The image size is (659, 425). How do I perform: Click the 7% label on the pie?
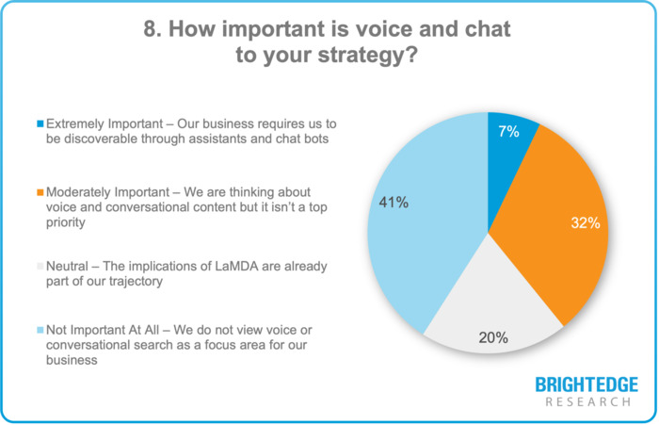point(509,132)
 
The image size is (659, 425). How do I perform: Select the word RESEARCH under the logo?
point(586,402)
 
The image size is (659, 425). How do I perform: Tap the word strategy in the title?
point(356,56)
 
